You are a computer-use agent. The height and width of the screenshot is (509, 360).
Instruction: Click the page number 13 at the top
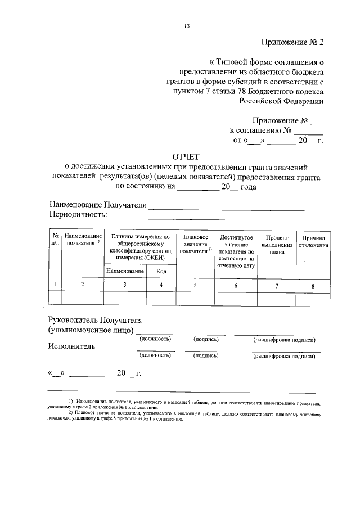186,25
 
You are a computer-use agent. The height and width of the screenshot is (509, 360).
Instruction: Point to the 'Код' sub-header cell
161,271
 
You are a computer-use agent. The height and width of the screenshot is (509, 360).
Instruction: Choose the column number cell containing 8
313,286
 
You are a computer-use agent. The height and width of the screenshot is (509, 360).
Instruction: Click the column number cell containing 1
55,285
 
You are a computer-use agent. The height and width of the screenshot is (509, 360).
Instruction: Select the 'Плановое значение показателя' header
196,244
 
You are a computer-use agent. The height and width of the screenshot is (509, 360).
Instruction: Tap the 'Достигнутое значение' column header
236,250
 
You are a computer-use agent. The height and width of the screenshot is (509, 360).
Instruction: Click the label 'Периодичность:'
78,214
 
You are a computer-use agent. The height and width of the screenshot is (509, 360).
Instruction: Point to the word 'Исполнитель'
71,346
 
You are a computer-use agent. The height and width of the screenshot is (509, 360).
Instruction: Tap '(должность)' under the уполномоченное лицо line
155,339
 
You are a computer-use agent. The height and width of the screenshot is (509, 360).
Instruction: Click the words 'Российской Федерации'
281,101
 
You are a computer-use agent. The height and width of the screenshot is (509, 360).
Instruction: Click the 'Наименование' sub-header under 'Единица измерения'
124,271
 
